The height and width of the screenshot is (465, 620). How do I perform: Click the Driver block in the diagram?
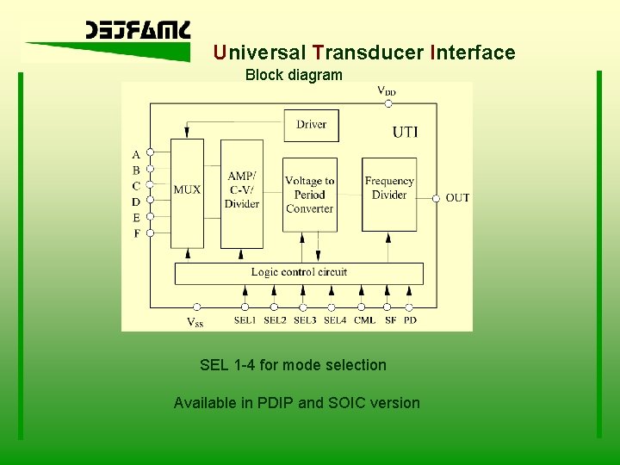click(311, 125)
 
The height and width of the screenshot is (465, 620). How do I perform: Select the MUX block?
click(187, 189)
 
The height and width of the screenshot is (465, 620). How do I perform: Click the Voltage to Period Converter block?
click(309, 195)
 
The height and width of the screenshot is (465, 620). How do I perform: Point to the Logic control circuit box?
click(299, 273)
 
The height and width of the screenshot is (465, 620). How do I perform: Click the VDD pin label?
click(387, 90)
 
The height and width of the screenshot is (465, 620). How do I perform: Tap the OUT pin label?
click(457, 198)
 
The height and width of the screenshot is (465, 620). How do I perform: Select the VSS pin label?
click(196, 322)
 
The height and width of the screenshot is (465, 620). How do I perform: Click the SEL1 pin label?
click(245, 321)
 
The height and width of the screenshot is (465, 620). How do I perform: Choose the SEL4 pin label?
click(335, 321)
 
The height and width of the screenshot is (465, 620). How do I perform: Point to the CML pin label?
click(364, 321)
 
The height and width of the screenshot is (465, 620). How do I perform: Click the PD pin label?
click(410, 321)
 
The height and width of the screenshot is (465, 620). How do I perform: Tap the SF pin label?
click(390, 321)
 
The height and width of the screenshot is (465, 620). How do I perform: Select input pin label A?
click(136, 155)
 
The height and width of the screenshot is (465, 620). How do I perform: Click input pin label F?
click(136, 233)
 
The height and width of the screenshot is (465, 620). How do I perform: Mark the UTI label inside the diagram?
click(405, 132)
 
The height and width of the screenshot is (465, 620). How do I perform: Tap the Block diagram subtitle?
click(294, 75)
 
